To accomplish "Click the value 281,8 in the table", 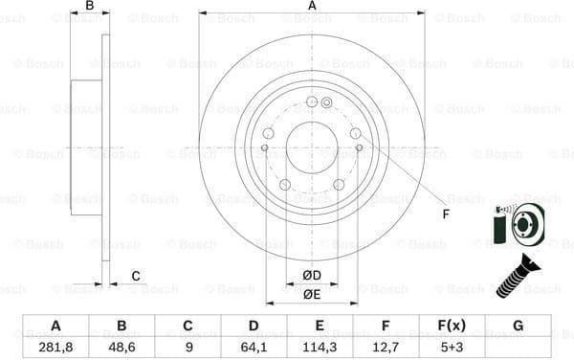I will pos(55,347).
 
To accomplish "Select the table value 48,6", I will pos(121,347).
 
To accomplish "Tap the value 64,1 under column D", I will pos(254,347).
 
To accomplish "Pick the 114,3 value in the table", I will pos(320,347).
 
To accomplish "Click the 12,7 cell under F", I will pos(386,347).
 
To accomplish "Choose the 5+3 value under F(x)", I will pos(453,347).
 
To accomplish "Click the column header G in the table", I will pos(518,326).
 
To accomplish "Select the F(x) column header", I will pos(453,326).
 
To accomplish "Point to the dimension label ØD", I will pos(312,277).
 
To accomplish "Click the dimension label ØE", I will pos(312,295).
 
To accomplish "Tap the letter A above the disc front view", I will pos(312,6).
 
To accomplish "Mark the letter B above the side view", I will pos(90,6).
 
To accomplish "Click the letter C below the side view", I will pos(136,277).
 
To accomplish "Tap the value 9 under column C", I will pos(188,347).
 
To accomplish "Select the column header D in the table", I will pos(254,326).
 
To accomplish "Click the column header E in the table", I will pos(320,326).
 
